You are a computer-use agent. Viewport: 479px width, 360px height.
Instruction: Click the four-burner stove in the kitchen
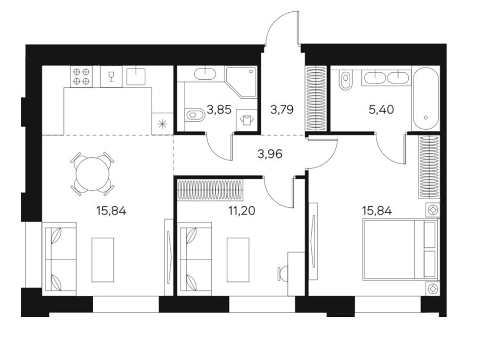point(81,77)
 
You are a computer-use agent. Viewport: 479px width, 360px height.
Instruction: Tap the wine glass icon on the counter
point(111,77)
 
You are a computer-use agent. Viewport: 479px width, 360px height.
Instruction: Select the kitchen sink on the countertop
point(136,77)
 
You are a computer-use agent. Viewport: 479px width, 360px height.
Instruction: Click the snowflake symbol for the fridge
point(162,124)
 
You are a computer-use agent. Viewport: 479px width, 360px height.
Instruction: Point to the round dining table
point(92,173)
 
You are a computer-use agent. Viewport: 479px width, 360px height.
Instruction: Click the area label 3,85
point(219,109)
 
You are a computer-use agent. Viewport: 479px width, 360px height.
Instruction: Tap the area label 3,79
point(282,109)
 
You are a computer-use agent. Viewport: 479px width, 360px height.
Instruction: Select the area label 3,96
point(270,154)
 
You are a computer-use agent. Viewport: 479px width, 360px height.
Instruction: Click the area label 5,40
point(381,109)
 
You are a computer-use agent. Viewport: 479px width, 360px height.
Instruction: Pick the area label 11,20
point(242,211)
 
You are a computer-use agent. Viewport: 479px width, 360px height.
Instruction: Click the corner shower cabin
point(241,82)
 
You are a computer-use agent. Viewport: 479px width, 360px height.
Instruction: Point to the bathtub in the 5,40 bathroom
point(426,99)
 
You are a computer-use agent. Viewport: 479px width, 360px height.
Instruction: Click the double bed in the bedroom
point(400,249)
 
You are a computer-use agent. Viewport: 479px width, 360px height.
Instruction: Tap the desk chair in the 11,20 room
point(283,273)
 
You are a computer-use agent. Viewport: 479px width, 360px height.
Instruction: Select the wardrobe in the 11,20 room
point(210,190)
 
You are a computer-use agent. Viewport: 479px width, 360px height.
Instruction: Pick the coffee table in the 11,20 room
point(238,260)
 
